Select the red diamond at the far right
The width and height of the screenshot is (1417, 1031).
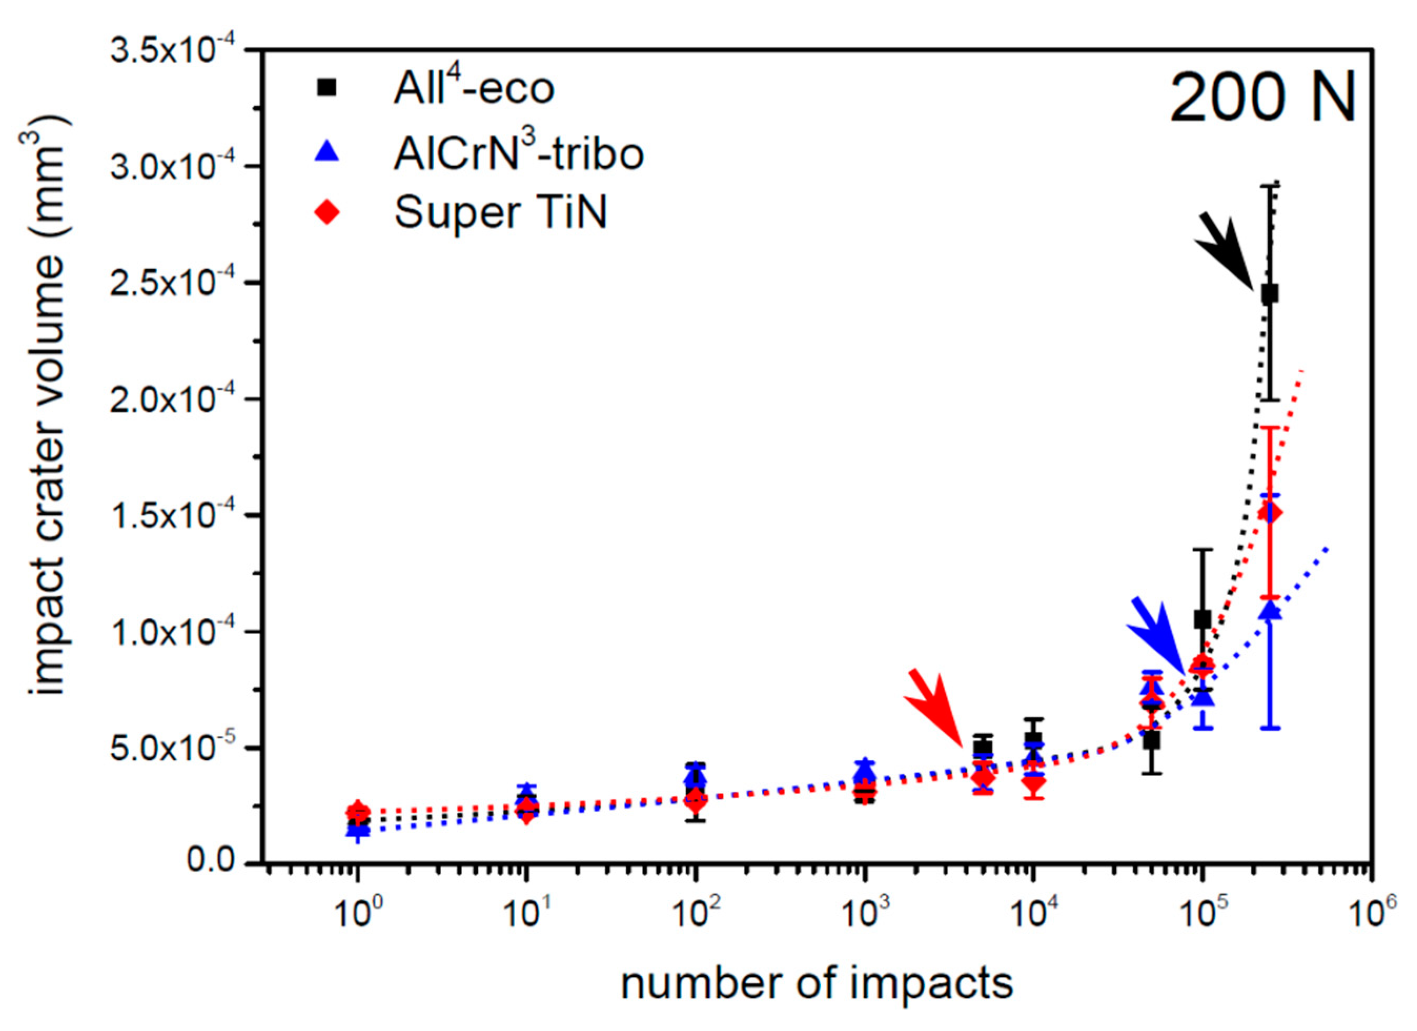click(1270, 513)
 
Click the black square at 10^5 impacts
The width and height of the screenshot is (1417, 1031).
click(1202, 619)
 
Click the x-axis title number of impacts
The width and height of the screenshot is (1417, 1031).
click(816, 984)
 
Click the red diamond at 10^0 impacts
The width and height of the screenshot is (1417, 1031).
click(358, 812)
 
